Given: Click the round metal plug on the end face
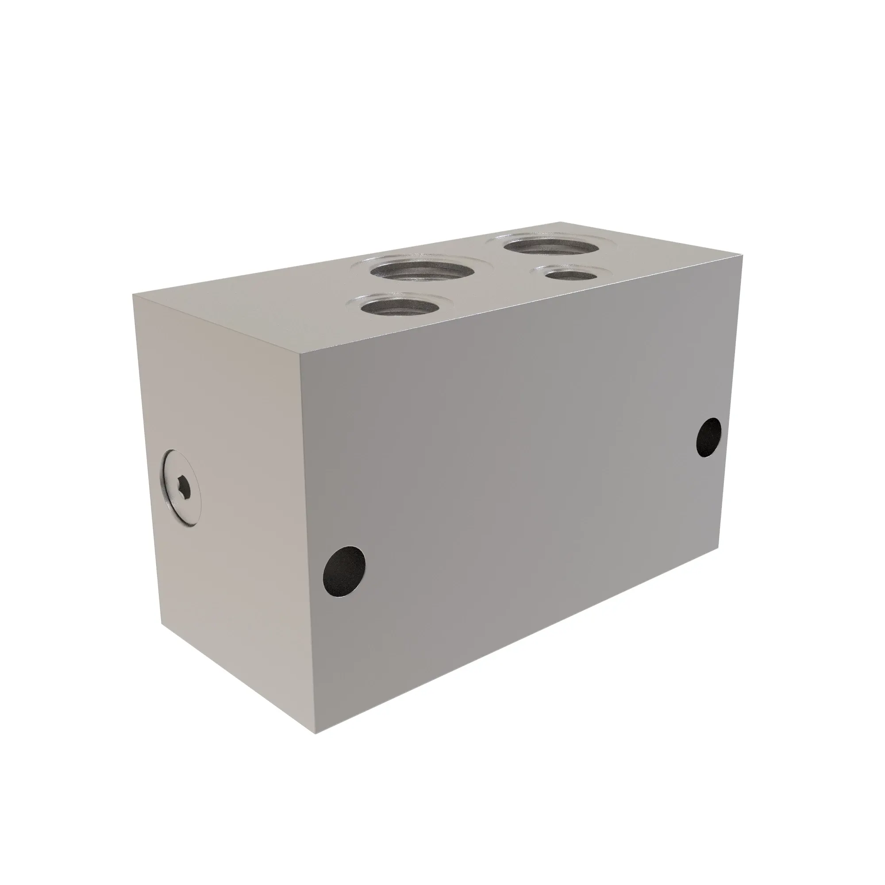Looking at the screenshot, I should pyautogui.click(x=181, y=492).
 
